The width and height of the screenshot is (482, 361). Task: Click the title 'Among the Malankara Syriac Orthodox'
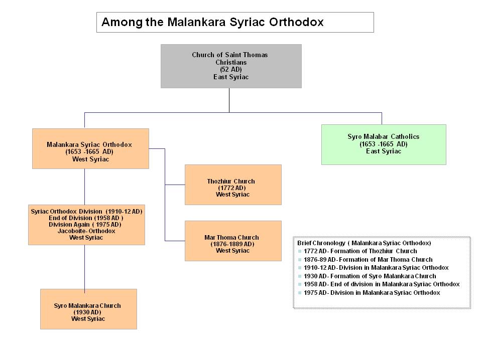click(x=212, y=22)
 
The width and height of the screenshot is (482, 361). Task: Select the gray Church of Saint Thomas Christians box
click(x=231, y=66)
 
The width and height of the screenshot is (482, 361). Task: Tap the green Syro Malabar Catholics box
click(x=384, y=144)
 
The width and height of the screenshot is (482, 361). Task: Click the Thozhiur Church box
click(x=233, y=185)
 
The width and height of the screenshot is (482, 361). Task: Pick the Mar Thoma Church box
click(x=233, y=241)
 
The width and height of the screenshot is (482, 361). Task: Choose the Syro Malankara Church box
click(x=88, y=309)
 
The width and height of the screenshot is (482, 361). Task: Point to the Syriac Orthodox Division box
click(x=86, y=225)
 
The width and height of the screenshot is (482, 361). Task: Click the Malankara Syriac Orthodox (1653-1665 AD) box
click(x=91, y=148)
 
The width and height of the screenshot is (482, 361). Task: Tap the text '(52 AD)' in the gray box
click(x=231, y=69)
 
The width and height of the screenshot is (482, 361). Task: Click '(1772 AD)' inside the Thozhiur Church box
click(x=232, y=188)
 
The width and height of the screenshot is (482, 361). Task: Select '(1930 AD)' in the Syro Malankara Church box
click(x=87, y=312)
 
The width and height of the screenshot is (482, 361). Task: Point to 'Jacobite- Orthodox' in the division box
click(x=86, y=231)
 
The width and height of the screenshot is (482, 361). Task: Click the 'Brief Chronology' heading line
click(x=364, y=243)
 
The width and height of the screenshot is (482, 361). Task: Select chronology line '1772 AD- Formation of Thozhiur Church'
click(x=360, y=251)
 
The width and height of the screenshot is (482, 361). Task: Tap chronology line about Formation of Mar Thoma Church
click(x=368, y=259)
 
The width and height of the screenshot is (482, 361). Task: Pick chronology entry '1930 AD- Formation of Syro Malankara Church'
click(x=370, y=276)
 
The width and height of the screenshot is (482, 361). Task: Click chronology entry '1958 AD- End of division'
click(x=382, y=284)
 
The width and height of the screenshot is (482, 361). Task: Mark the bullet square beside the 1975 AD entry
click(x=300, y=293)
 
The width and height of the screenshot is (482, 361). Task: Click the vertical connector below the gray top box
click(x=229, y=100)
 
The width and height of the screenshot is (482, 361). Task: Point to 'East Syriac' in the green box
click(x=383, y=151)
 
